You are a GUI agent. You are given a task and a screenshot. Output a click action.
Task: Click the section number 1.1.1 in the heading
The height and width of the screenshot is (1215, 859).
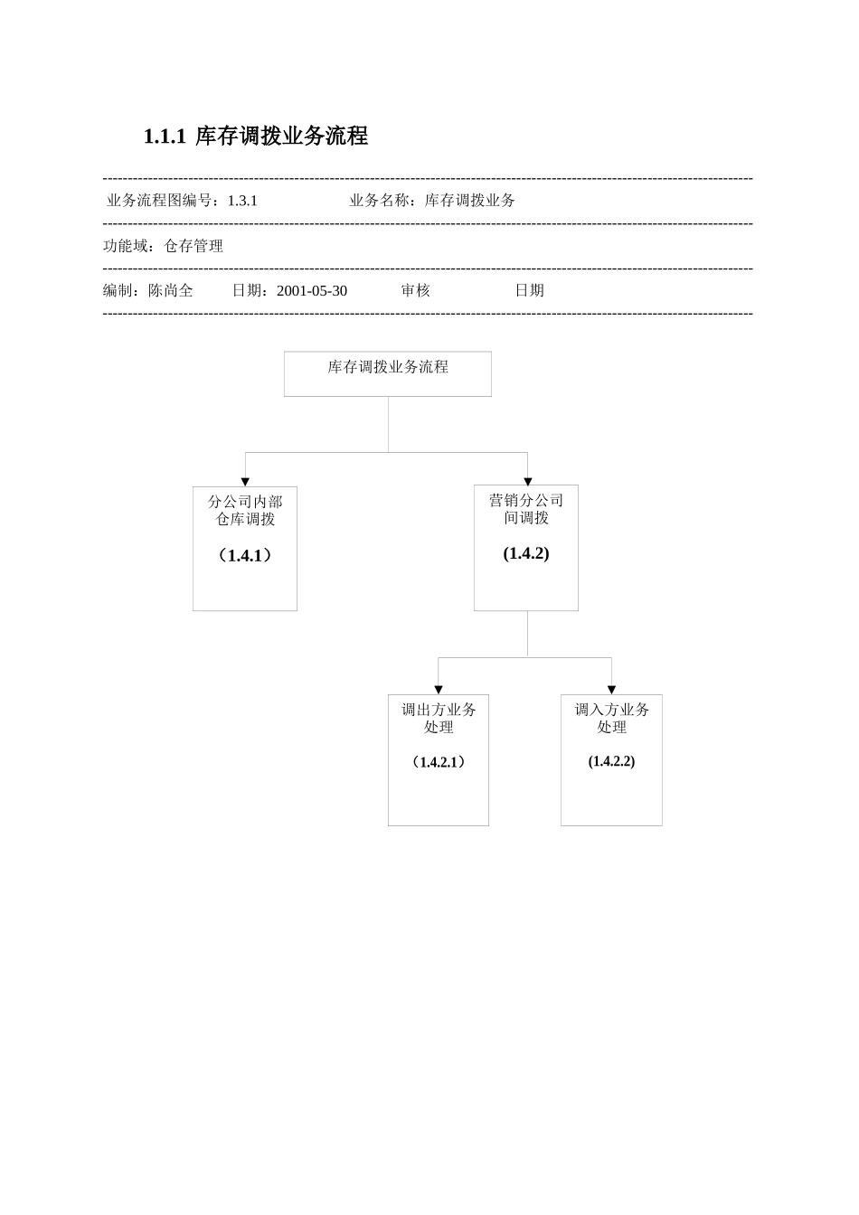click(165, 137)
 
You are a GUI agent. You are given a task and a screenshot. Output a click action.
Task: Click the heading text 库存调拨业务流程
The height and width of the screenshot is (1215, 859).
click(281, 137)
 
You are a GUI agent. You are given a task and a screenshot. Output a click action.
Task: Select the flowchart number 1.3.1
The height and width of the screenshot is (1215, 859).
click(242, 201)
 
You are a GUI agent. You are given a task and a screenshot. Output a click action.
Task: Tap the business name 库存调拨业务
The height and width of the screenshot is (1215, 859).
click(470, 201)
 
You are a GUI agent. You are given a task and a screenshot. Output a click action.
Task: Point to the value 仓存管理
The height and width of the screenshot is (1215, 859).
click(194, 246)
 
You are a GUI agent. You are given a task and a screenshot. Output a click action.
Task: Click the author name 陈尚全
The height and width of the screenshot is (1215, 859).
click(171, 290)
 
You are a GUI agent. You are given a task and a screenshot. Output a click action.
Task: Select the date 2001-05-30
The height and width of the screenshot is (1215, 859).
click(312, 290)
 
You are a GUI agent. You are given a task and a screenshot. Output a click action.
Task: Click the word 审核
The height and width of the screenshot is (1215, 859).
click(416, 290)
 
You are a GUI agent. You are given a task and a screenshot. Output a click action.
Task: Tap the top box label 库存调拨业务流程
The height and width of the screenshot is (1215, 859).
click(388, 367)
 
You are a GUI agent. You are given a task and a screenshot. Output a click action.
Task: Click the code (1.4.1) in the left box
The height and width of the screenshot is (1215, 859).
click(245, 555)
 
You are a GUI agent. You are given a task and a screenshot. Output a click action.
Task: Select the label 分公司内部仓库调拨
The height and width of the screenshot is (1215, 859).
click(245, 510)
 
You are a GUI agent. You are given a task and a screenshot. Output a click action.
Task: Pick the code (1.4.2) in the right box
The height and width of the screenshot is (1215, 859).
click(526, 553)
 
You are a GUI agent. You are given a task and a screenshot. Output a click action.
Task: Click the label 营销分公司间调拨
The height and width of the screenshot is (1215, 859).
click(526, 509)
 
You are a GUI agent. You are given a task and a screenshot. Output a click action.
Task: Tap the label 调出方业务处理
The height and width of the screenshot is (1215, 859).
click(439, 718)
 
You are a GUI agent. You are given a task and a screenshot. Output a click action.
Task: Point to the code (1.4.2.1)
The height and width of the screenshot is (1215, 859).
click(439, 762)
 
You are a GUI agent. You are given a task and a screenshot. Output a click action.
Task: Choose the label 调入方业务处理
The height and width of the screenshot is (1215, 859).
click(612, 718)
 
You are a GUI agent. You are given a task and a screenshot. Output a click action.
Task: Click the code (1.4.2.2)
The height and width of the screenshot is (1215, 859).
click(612, 761)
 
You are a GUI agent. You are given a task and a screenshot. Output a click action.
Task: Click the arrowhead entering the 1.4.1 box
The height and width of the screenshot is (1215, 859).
click(245, 482)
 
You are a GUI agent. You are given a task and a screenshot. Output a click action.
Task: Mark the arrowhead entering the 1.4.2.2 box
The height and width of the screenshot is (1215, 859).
click(612, 690)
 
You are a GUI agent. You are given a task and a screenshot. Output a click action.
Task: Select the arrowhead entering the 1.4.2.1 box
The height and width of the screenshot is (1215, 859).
click(439, 690)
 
